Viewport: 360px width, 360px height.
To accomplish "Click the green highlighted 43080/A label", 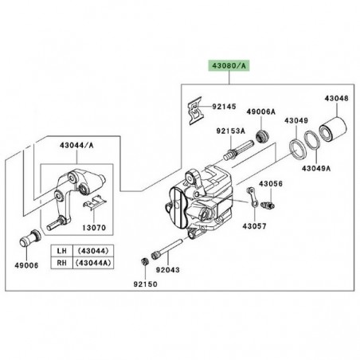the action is (x=229, y=66).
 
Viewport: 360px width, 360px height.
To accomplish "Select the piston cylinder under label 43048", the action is (x=333, y=130).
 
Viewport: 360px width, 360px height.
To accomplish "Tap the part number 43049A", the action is (x=316, y=168).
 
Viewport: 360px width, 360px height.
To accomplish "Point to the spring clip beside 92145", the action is (x=197, y=111).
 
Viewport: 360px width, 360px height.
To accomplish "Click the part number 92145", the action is (x=224, y=107).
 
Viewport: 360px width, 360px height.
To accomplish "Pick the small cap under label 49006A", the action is (x=262, y=136).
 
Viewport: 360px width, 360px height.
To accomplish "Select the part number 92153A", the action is (x=231, y=131).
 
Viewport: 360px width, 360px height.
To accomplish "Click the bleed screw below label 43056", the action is (x=268, y=205).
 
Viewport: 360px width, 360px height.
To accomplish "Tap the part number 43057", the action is (x=254, y=226).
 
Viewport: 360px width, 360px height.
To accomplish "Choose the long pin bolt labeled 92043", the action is (x=167, y=249).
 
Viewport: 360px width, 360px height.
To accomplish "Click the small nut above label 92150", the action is (x=145, y=261).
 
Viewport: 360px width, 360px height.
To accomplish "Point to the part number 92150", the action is (x=145, y=284).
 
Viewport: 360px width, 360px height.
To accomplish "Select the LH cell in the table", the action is (x=61, y=251).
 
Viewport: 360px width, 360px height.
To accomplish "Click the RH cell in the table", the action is (x=61, y=263).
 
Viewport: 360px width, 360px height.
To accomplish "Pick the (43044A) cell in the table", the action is (x=93, y=263).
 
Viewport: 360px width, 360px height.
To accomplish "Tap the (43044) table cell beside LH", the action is (x=93, y=251).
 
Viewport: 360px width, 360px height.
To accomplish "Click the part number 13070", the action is (x=94, y=228).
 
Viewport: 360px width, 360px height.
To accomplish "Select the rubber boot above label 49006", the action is (x=30, y=237).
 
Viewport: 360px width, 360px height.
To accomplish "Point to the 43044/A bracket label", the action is (x=76, y=146).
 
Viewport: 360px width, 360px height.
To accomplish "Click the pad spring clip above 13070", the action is (x=95, y=202).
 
